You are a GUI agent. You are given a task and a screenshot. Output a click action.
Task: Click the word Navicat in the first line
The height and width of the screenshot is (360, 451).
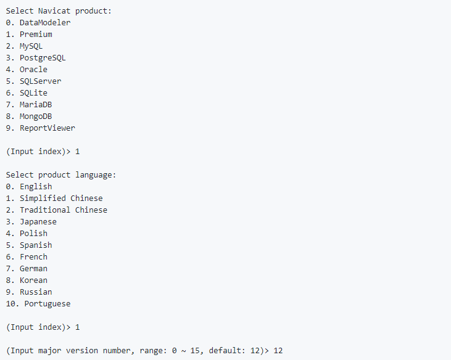point(54,11)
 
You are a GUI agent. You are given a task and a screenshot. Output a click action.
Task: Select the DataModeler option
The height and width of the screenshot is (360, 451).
point(45,23)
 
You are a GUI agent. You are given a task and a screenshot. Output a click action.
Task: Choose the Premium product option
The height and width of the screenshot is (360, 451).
point(36,35)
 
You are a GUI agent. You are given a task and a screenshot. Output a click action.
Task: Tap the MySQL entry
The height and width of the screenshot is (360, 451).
point(31,46)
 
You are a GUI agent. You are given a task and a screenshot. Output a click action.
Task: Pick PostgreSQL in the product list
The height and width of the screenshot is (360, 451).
point(43,58)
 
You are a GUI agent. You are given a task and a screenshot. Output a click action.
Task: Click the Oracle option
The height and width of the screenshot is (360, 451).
point(33,70)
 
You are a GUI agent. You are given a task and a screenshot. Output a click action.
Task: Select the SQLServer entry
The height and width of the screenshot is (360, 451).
point(40,81)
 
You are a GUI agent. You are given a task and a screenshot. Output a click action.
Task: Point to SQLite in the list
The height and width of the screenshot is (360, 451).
point(33,93)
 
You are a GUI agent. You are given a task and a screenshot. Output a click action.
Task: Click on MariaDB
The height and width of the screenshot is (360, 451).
point(36,105)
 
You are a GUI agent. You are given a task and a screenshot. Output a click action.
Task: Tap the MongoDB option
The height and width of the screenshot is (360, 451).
point(36,117)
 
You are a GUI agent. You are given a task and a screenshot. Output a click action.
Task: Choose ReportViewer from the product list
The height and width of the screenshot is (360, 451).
point(47,128)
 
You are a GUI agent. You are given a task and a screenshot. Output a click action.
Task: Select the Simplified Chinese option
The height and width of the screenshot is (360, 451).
point(61,198)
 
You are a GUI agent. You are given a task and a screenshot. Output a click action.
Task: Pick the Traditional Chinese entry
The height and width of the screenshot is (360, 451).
point(64,210)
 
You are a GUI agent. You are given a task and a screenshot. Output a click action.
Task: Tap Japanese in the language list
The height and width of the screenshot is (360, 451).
point(38,222)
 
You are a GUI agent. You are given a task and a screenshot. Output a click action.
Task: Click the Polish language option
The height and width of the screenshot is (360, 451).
point(33,234)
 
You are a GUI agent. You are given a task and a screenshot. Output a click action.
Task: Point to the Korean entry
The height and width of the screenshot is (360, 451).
point(33,280)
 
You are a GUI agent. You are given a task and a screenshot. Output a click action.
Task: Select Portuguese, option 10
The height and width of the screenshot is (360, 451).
point(47,304)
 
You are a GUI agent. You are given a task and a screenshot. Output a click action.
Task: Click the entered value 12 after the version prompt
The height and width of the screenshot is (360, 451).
point(278,351)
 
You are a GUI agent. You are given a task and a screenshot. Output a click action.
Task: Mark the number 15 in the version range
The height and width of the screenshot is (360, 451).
point(195,351)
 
